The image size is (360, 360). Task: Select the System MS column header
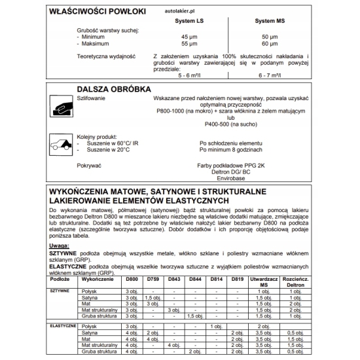269,21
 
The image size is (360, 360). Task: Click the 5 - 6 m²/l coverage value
190,75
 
